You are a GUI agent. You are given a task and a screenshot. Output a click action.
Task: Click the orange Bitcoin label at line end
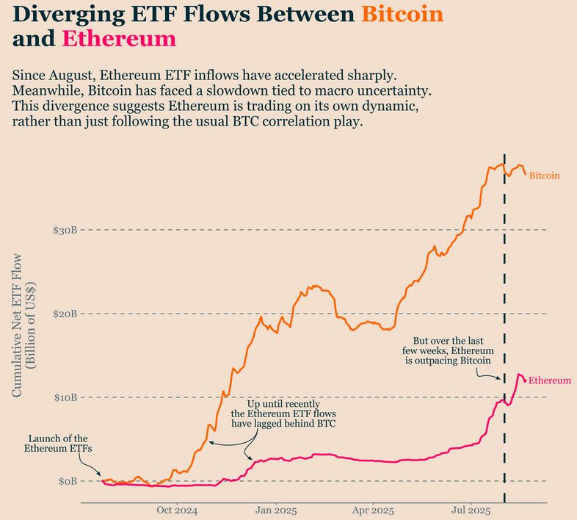[x=545, y=176]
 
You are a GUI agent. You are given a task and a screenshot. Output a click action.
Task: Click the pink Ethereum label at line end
[x=550, y=380]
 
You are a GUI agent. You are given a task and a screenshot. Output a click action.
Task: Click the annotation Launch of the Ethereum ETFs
[x=58, y=443]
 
